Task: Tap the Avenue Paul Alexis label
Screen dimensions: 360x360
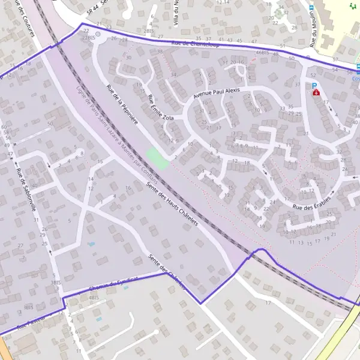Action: (x=216, y=94)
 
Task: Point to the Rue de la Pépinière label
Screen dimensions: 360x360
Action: (x=122, y=104)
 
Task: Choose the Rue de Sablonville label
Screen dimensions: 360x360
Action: (x=26, y=190)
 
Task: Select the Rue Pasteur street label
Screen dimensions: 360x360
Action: (x=30, y=325)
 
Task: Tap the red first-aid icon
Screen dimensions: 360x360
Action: (x=316, y=94)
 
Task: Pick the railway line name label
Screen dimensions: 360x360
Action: (x=117, y=135)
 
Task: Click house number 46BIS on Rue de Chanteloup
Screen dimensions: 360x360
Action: (x=263, y=53)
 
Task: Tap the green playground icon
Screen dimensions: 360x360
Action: (x=352, y=6)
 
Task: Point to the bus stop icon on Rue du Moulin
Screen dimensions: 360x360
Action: (x=311, y=8)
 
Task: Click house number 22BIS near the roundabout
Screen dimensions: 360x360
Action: (x=88, y=38)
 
